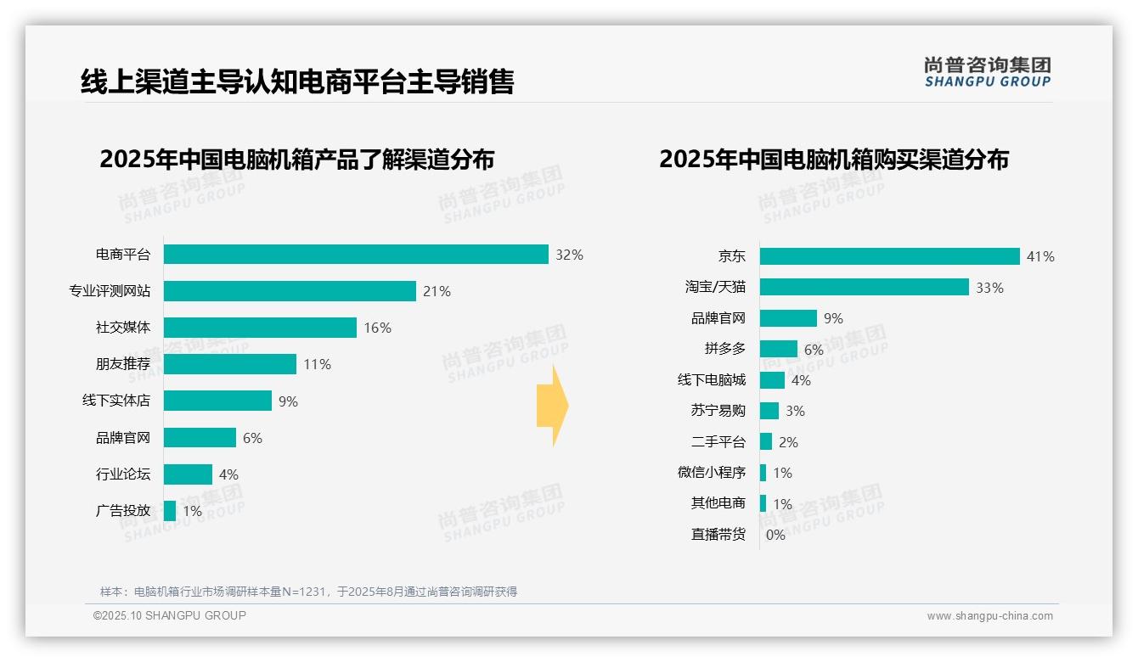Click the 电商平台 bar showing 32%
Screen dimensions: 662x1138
[356, 255]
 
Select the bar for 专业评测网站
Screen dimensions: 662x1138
[290, 291]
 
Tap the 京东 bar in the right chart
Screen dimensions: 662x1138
[889, 256]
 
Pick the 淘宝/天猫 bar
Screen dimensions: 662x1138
[864, 287]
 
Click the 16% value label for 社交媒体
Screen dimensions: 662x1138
[377, 328]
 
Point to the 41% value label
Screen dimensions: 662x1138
[1039, 256]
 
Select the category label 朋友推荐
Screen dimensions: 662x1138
[122, 364]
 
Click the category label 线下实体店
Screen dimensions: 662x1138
[115, 401]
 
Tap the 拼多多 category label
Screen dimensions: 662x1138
[724, 349]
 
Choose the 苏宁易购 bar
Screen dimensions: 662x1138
[769, 411]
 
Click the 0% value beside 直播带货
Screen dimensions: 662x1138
[775, 535]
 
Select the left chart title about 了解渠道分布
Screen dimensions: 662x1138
[296, 160]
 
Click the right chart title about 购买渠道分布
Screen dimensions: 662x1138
[833, 160]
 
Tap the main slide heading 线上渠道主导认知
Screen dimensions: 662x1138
[297, 82]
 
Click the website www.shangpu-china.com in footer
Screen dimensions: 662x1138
[989, 616]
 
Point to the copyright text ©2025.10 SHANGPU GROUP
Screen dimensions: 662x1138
[170, 615]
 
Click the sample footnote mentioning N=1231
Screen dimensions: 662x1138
[308, 592]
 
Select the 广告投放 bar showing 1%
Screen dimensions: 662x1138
[170, 511]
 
